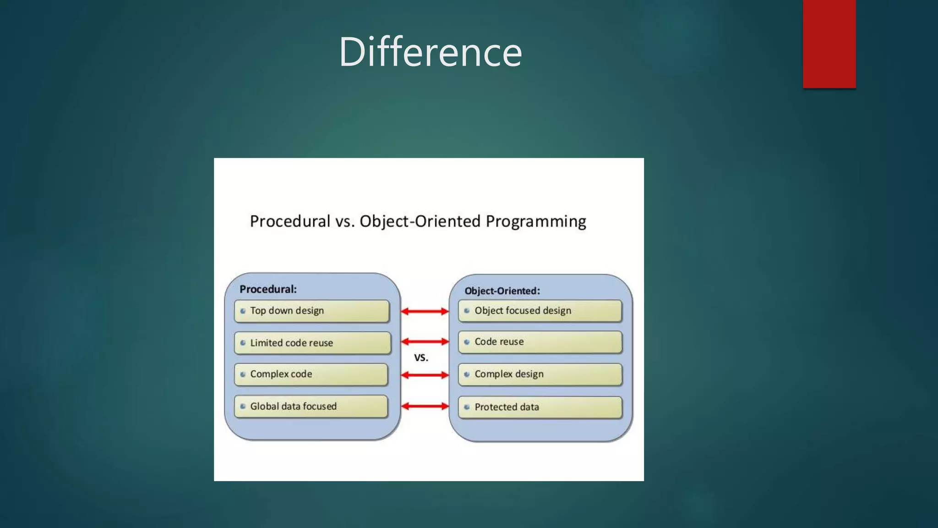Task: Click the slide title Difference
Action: click(x=430, y=52)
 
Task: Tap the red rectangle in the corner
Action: click(x=829, y=44)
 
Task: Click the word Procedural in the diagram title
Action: click(x=290, y=221)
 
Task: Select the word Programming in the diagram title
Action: click(x=535, y=221)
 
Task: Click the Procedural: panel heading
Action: click(x=268, y=289)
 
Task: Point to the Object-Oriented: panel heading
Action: click(x=502, y=291)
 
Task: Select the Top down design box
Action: click(x=311, y=311)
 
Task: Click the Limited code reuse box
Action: click(x=312, y=343)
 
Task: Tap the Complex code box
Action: click(x=311, y=374)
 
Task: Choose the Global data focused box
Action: click(x=311, y=406)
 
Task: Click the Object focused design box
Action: click(x=540, y=311)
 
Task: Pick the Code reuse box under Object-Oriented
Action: click(x=540, y=342)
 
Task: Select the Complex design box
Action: click(x=540, y=374)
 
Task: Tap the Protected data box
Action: click(x=540, y=407)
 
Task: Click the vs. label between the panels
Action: click(x=421, y=357)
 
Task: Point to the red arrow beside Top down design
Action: click(x=425, y=312)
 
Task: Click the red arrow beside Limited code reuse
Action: click(x=425, y=341)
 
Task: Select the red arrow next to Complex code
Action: click(x=425, y=375)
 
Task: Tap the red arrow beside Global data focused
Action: click(x=425, y=406)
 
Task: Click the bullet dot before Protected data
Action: click(x=467, y=407)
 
